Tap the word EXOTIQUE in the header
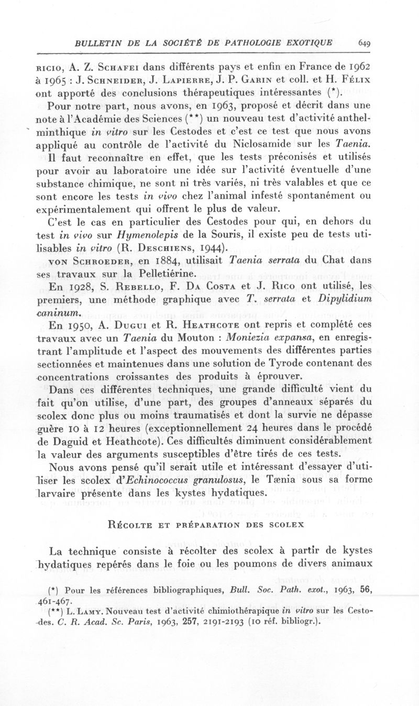[x=310, y=43]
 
